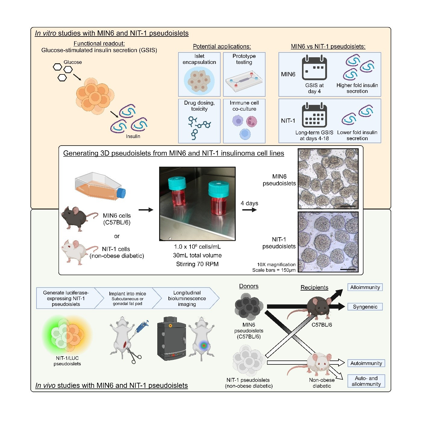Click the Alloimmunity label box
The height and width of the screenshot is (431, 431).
pyautogui.click(x=365, y=287)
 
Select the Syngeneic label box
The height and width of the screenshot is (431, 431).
pyautogui.click(x=365, y=307)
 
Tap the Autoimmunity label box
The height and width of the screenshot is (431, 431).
pyautogui.click(x=366, y=363)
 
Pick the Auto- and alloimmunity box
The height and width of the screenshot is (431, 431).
pyautogui.click(x=366, y=381)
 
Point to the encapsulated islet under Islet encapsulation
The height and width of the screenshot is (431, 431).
pyautogui.click(x=199, y=81)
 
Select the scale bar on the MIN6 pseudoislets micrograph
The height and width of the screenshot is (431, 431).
pyautogui.click(x=348, y=206)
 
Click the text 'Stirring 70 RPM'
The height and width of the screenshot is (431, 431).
pyautogui.click(x=197, y=264)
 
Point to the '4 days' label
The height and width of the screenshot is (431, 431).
pyautogui.click(x=249, y=203)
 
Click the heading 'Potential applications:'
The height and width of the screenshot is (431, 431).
pyautogui.click(x=222, y=46)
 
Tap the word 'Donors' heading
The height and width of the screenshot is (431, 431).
pyautogui.click(x=249, y=286)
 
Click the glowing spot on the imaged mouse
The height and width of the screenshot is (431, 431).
pyautogui.click(x=204, y=345)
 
